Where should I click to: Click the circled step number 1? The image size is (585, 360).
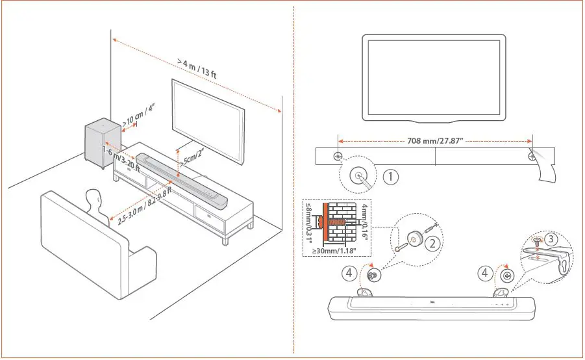click(390, 175)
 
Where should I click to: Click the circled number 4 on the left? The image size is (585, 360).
click(350, 274)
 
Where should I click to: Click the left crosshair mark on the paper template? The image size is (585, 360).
click(338, 157)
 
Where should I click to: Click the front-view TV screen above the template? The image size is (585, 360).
click(433, 77)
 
